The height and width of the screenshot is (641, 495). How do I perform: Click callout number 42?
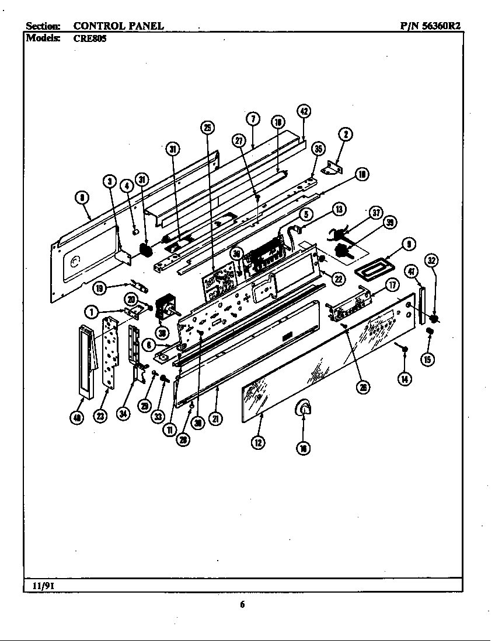click(303, 112)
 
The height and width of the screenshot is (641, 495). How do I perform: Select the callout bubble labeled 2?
click(345, 134)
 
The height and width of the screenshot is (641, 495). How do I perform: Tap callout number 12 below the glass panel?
click(257, 442)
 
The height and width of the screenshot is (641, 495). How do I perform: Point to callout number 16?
click(304, 448)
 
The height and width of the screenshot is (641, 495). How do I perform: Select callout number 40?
click(76, 417)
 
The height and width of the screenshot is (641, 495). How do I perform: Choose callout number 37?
click(377, 213)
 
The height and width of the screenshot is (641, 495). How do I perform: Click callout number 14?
click(404, 379)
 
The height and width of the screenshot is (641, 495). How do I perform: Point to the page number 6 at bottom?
click(242, 605)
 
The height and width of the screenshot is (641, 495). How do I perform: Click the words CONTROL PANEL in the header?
click(118, 26)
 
